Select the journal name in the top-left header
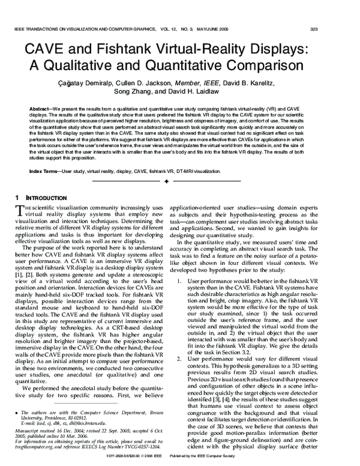tap(85, 28)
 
